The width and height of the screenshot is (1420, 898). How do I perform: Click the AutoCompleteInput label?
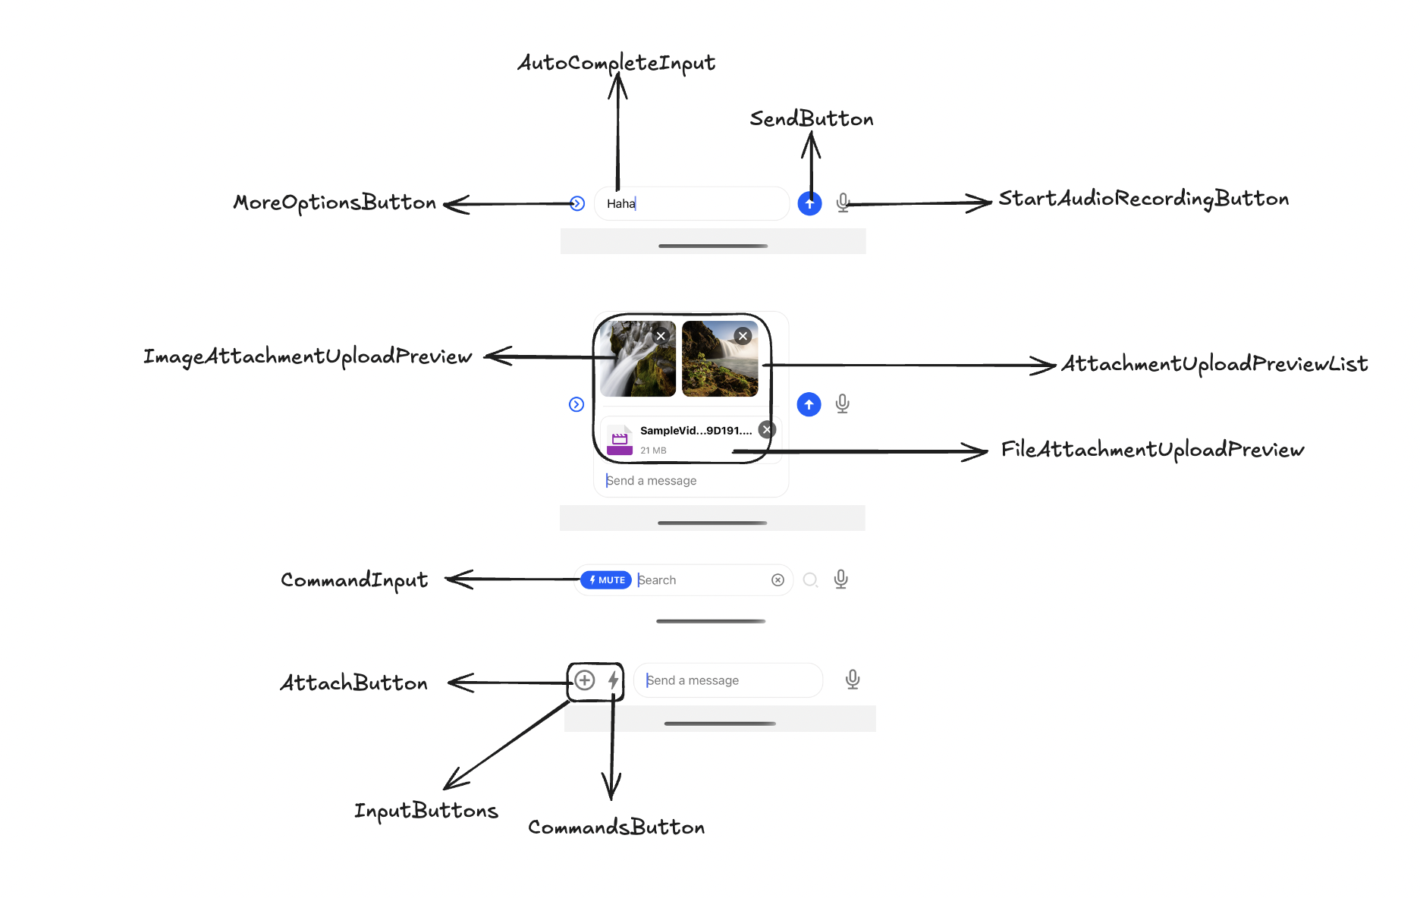(x=616, y=62)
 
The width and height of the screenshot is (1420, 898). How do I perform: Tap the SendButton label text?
(x=811, y=119)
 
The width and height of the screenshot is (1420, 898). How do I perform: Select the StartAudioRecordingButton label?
(x=1143, y=199)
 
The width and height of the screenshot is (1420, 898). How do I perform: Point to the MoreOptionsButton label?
(x=335, y=203)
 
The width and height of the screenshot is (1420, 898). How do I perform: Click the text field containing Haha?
(x=690, y=203)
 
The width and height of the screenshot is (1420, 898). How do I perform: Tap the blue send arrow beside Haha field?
(x=809, y=203)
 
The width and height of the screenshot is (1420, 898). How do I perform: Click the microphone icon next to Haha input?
(x=843, y=203)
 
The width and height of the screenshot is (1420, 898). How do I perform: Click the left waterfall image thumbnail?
(x=637, y=359)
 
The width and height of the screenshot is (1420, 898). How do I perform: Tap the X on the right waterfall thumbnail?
(x=743, y=336)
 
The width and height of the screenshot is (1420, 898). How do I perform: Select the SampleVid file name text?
(x=696, y=430)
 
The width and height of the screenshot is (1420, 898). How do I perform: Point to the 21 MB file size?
(x=653, y=451)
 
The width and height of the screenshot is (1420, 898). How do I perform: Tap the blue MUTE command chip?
(x=606, y=580)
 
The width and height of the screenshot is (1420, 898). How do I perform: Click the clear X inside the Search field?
(x=778, y=580)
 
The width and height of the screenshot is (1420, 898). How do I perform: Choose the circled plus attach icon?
(x=584, y=680)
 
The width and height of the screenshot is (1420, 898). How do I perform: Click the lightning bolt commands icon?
(x=613, y=680)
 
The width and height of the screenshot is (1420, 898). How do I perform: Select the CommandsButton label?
(x=616, y=827)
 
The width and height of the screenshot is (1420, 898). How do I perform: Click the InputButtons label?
(x=426, y=811)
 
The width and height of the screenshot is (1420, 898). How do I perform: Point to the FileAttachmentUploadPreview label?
(x=1151, y=450)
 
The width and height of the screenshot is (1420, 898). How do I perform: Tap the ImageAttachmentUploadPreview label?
(x=307, y=356)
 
